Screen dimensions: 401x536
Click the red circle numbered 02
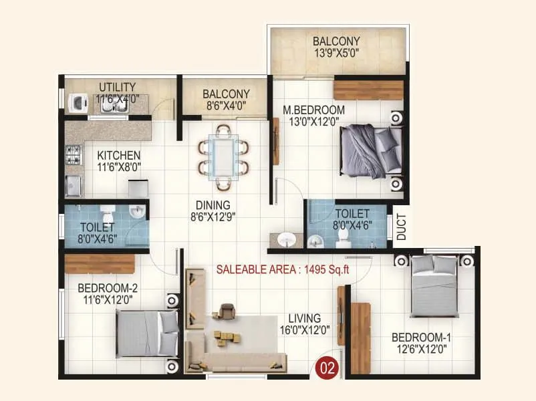(x=327, y=367)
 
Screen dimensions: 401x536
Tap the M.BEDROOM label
(x=313, y=110)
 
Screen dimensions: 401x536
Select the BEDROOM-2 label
(x=108, y=289)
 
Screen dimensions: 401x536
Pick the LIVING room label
(x=304, y=318)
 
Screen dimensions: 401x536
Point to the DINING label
(x=213, y=205)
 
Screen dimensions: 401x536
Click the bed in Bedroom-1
(x=434, y=287)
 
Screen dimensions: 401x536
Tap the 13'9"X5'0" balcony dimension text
(x=336, y=53)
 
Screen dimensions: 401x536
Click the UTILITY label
(x=118, y=87)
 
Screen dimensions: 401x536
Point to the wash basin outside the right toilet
(x=288, y=239)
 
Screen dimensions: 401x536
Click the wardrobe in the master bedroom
(x=368, y=90)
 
